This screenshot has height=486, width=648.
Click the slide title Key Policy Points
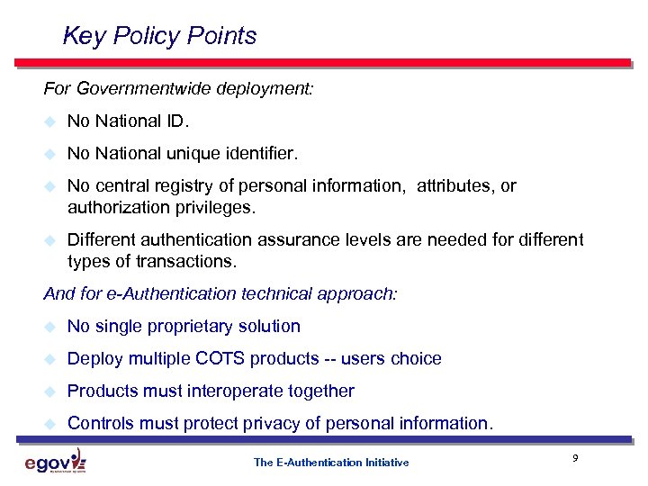[159, 36]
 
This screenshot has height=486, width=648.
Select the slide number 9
[574, 459]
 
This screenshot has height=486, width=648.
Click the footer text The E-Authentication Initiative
[331, 463]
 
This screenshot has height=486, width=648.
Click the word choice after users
[416, 359]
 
